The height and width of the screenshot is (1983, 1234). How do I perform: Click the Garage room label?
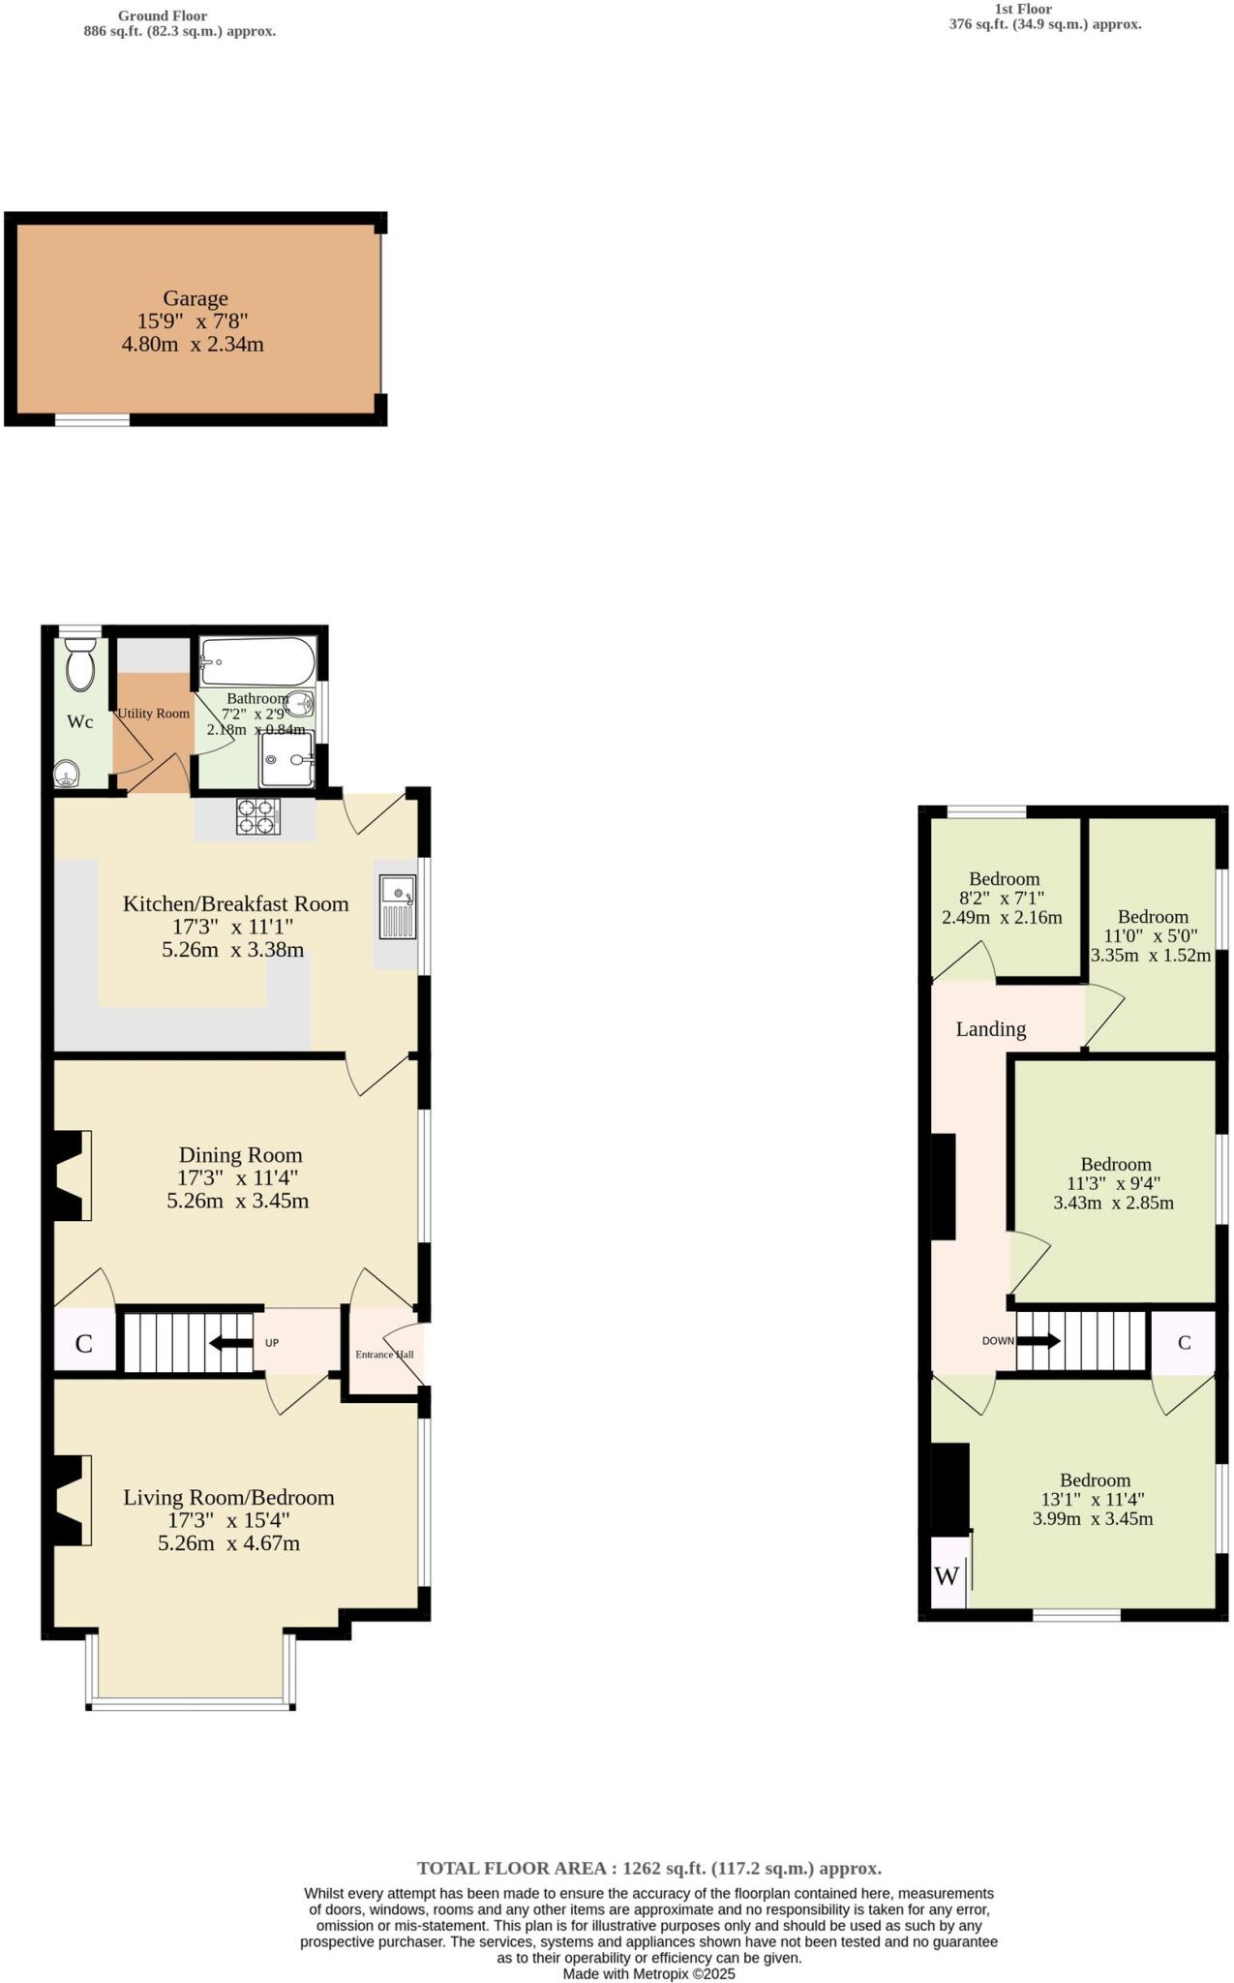click(x=195, y=299)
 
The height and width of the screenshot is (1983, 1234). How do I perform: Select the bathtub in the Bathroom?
click(x=257, y=662)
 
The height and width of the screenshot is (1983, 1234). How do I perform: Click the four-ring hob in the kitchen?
click(x=258, y=816)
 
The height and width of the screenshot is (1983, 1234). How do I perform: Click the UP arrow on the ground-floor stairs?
click(x=231, y=1342)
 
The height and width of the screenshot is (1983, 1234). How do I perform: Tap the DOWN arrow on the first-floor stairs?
click(x=1037, y=1341)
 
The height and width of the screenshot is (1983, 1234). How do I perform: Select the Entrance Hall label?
click(x=384, y=1354)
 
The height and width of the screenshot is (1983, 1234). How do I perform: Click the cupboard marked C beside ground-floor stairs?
click(x=84, y=1343)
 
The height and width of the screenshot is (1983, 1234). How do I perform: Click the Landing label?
click(x=990, y=1029)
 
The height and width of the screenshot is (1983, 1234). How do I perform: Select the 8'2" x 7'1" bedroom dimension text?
click(x=1002, y=899)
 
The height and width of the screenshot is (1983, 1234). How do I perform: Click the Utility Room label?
click(x=153, y=714)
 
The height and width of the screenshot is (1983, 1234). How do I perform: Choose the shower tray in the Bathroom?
click(x=286, y=759)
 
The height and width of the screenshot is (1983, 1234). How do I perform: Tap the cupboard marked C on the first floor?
click(x=1183, y=1342)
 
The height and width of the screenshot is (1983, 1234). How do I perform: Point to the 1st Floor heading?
click(x=1023, y=9)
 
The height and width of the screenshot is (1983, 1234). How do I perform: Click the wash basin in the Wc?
click(x=66, y=773)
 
